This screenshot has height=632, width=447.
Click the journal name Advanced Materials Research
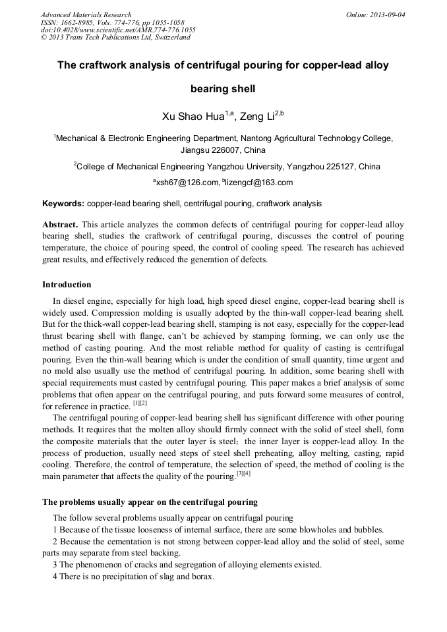pyautogui.click(x=86, y=14)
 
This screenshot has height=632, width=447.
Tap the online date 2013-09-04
pyautogui.click(x=386, y=14)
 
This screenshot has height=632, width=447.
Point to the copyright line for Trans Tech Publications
pyautogui.click(x=115, y=38)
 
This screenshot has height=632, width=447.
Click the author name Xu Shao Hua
pyautogui.click(x=193, y=117)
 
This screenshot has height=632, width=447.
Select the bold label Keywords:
pyautogui.click(x=63, y=204)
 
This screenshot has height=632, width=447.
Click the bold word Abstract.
pyautogui.click(x=60, y=225)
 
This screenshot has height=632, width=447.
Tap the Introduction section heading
pyautogui.click(x=67, y=285)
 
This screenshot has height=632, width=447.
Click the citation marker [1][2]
pyautogui.click(x=140, y=403)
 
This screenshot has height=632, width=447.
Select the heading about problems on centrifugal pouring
pyautogui.click(x=150, y=503)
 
